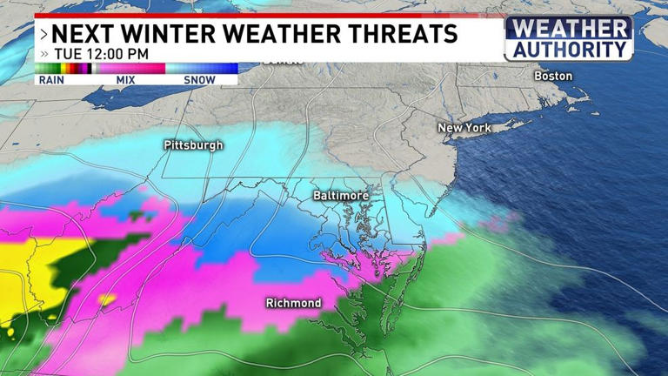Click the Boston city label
coord(553,76)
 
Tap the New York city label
coord(464,128)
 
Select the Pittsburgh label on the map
coord(193,145)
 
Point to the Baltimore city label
coord(341,197)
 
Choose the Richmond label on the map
coord(293,303)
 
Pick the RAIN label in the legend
coord(52,80)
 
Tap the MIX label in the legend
coord(124,80)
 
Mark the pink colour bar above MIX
coord(128,68)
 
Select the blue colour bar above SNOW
coord(202,68)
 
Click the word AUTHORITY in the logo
coord(569,50)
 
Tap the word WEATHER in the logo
coord(569,29)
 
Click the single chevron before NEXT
coord(43,35)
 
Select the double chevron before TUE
coord(44,54)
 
